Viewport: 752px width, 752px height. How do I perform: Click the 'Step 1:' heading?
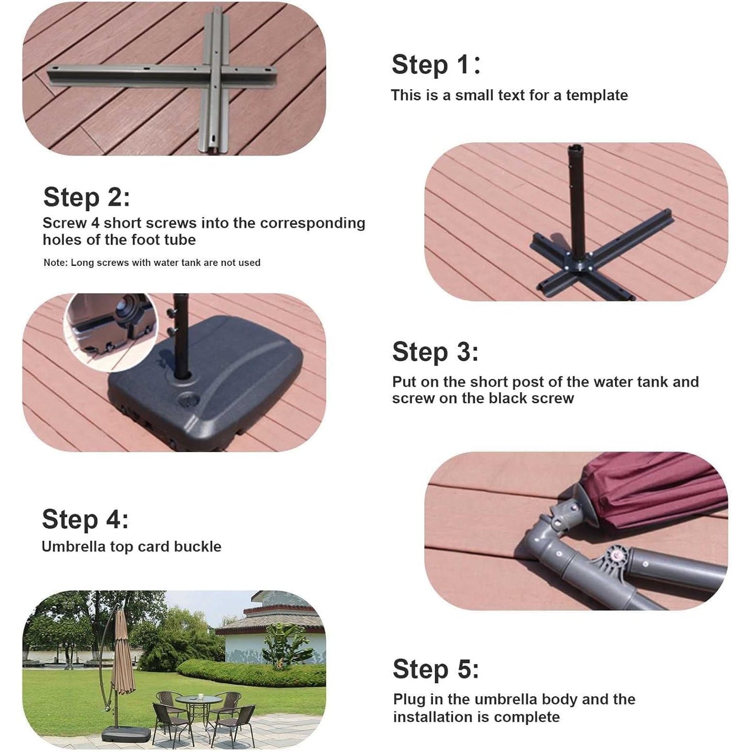tap(436, 65)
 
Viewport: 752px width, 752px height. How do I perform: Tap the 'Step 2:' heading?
tap(86, 197)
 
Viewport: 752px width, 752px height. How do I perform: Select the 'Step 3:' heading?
tap(435, 352)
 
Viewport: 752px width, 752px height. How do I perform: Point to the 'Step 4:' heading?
tap(85, 519)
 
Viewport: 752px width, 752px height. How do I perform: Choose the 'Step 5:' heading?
tap(436, 669)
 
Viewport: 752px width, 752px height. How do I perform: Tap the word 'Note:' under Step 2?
tap(55, 263)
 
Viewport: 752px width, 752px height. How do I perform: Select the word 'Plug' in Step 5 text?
tap(410, 700)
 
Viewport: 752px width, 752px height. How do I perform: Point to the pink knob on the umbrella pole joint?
tap(618, 555)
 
